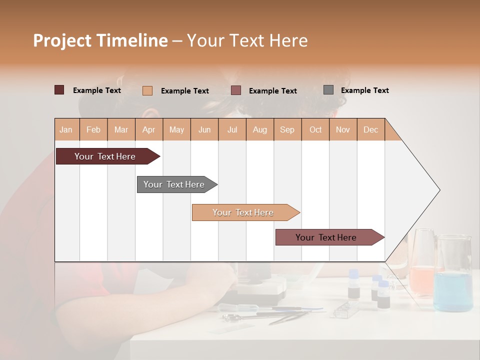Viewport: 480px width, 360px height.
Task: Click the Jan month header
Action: (x=66, y=129)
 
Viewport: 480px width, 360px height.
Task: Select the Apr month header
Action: (x=149, y=129)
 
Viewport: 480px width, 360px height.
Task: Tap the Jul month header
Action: (x=232, y=129)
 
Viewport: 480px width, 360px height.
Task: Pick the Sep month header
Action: (x=287, y=129)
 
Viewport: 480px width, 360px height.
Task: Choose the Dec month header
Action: (x=370, y=129)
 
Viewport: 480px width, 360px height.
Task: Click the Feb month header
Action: (x=93, y=129)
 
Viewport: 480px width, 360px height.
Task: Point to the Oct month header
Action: (x=315, y=129)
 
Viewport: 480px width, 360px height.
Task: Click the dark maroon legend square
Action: (x=59, y=90)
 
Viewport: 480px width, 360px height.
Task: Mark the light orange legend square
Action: (x=147, y=90)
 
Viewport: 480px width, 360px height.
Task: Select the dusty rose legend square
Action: (x=236, y=90)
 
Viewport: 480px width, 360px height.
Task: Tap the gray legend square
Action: (x=328, y=90)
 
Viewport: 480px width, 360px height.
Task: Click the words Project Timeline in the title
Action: (x=100, y=40)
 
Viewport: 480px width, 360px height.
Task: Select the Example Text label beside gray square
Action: (x=364, y=90)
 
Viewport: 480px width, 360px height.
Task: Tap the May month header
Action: (x=176, y=129)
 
